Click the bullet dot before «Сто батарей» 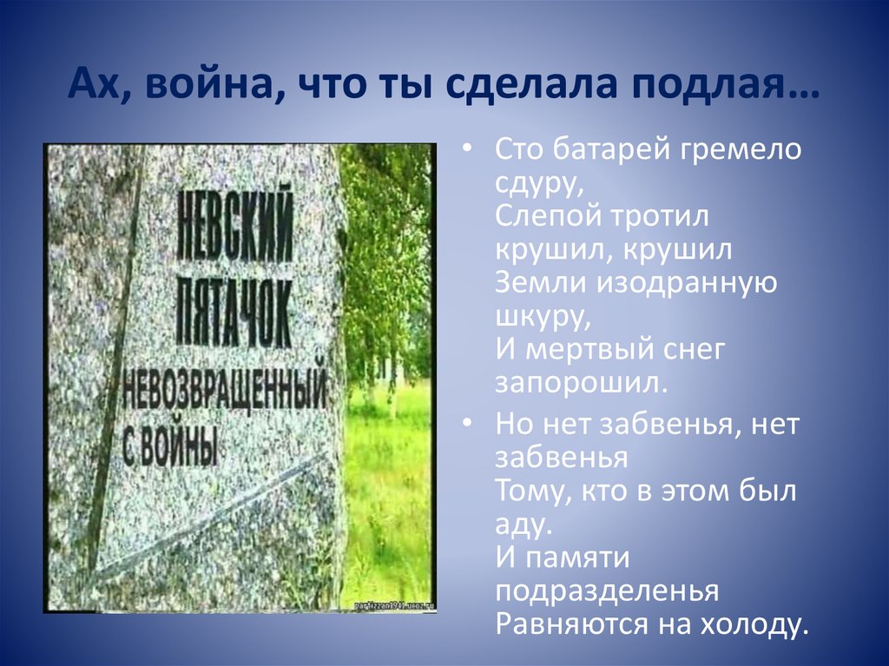coord(469,149)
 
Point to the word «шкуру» coord(542,316)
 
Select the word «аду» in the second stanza coord(521,524)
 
